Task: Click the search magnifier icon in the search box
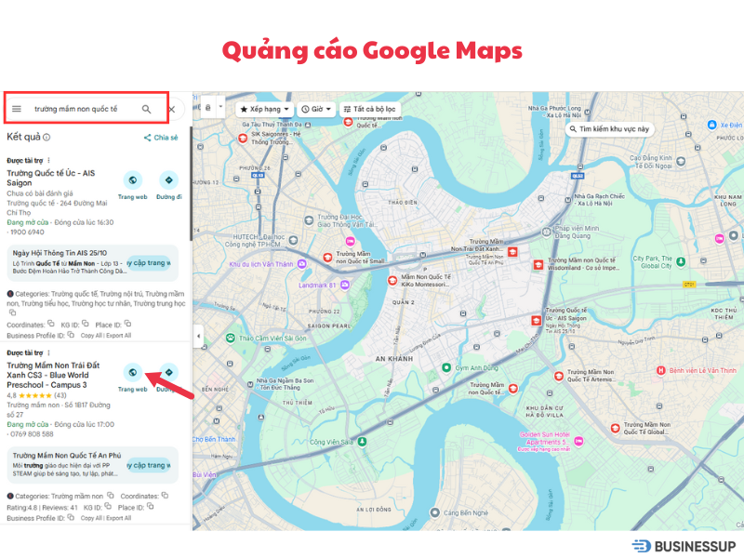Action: [146, 109]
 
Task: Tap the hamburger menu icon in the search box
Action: [16, 109]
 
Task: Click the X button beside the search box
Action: [172, 109]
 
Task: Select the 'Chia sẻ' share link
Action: [160, 138]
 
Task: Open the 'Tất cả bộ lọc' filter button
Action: [369, 109]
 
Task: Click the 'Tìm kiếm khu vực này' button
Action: [611, 129]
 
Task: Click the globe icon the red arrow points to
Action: [133, 373]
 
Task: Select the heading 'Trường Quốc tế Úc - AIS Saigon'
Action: [50, 178]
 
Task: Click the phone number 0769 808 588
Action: [31, 434]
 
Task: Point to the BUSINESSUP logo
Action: [683, 546]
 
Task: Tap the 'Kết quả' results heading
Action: [23, 137]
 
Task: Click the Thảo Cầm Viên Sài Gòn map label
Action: [268, 338]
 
